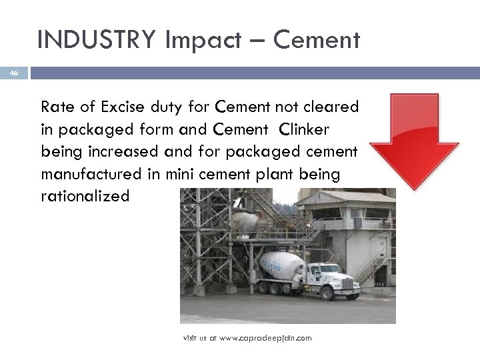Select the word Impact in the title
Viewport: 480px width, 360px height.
(x=211, y=41)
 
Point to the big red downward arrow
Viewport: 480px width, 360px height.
(x=415, y=140)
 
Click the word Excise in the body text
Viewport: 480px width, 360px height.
(x=117, y=106)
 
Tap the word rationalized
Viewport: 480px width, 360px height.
(x=85, y=197)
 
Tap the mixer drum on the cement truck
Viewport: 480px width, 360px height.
(x=280, y=265)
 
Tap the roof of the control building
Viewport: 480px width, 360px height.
(x=343, y=197)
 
